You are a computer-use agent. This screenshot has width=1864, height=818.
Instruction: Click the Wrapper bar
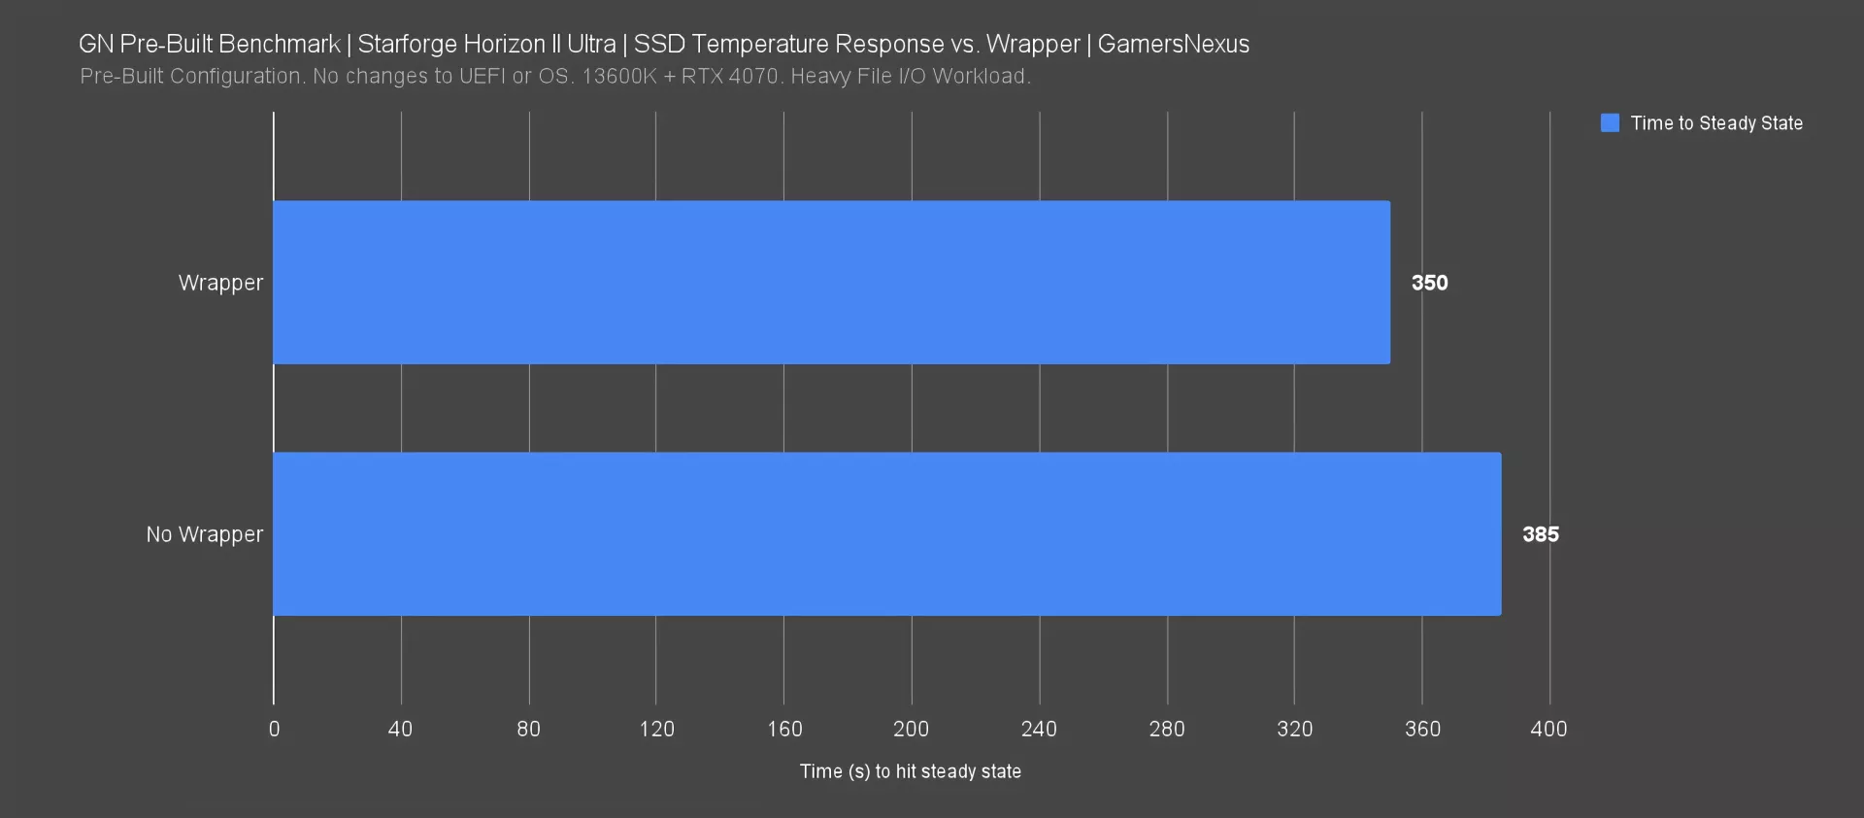coord(831,283)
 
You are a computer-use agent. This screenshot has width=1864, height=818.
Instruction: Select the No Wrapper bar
coord(886,534)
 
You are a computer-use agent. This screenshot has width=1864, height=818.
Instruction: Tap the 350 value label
coord(1429,283)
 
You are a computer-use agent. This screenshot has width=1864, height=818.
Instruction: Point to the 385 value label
coord(1540,534)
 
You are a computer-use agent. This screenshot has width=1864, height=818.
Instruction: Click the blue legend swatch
coord(1610,123)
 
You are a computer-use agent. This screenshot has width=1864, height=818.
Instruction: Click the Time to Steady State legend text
coord(1716,123)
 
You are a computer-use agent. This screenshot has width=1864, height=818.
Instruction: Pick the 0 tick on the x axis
coord(274,729)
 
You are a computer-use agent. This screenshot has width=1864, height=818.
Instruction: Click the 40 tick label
coord(400,729)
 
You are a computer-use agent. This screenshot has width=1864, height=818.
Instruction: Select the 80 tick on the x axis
coord(528,729)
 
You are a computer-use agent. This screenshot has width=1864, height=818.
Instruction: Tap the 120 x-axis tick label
coord(656,729)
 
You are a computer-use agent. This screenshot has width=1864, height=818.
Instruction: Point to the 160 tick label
coord(784,729)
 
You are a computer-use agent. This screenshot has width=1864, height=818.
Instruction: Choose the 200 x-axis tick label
coord(911,729)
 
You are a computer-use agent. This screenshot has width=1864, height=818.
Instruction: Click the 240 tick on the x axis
coord(1039,729)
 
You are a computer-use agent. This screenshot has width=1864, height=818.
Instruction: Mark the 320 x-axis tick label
coord(1294,729)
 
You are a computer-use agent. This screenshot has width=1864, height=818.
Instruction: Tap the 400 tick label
coord(1548,729)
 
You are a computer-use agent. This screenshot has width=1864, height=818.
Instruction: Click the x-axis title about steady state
coord(911,771)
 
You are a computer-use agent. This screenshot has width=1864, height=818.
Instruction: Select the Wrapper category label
coord(220,283)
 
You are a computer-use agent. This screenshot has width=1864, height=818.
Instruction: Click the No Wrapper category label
coord(204,534)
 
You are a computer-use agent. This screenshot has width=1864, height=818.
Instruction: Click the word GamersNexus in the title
coord(1173,44)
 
